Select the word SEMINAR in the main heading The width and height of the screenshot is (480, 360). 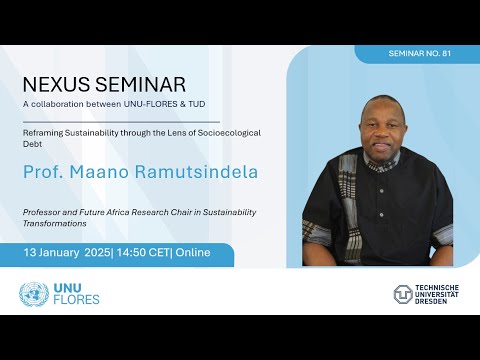click(140, 85)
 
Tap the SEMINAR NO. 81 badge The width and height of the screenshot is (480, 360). click(417, 53)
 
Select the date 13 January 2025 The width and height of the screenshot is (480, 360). click(65, 253)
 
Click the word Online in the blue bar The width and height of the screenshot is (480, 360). click(192, 253)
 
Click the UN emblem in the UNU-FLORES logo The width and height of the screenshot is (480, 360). click(34, 294)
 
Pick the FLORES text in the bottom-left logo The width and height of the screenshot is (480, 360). click(76, 301)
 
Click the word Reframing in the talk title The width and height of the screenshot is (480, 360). click(46, 131)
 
